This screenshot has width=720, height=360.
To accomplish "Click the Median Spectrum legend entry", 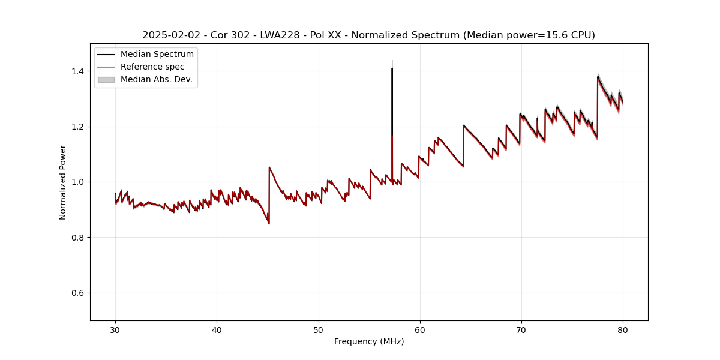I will point(157,55).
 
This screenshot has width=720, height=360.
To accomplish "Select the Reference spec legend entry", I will point(152,67).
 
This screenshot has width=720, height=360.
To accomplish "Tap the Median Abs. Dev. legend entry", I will point(156,79).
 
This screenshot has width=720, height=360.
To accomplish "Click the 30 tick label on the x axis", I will point(115,329).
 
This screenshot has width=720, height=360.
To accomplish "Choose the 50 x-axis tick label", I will point(319,329).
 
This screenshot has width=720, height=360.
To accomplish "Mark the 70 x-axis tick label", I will point(521,329).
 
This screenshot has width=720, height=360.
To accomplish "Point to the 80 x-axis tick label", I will point(623,329).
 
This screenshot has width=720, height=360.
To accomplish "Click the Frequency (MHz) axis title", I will point(369,341).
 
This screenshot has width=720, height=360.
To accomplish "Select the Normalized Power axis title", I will point(63,182).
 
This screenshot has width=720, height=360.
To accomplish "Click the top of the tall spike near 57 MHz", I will point(392,68).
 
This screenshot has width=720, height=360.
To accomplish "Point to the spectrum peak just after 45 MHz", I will point(269,167).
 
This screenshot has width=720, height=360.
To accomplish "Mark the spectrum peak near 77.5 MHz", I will point(598,77).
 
